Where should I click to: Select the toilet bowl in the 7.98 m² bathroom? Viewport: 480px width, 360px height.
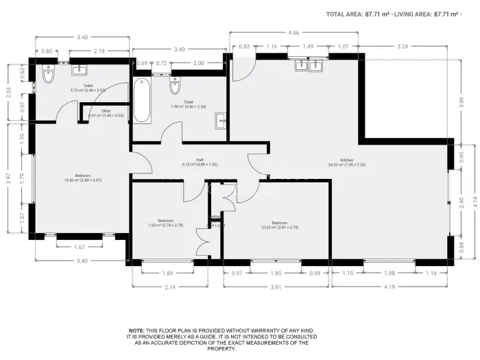(x=175, y=86)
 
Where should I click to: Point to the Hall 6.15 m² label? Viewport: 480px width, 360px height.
(x=200, y=163)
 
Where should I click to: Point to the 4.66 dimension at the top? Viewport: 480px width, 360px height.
(x=293, y=32)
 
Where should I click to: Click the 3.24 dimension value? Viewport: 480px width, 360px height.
(x=402, y=46)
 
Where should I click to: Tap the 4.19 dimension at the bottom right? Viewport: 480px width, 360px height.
(x=390, y=287)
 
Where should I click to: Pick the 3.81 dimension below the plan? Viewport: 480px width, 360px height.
(x=277, y=287)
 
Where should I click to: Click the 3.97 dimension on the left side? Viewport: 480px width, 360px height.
(x=8, y=177)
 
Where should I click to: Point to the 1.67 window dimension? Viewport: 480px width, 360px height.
(x=79, y=247)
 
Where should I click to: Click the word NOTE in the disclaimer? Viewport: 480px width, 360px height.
(x=136, y=330)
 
